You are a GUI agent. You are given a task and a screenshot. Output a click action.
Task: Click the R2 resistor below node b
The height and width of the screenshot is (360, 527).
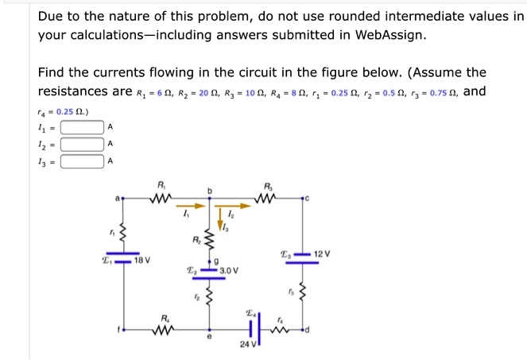coord(210,238)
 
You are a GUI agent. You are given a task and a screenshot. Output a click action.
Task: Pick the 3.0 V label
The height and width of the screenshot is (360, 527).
coord(227,270)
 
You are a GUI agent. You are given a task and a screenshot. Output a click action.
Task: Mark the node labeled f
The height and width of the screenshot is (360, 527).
coord(121,329)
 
